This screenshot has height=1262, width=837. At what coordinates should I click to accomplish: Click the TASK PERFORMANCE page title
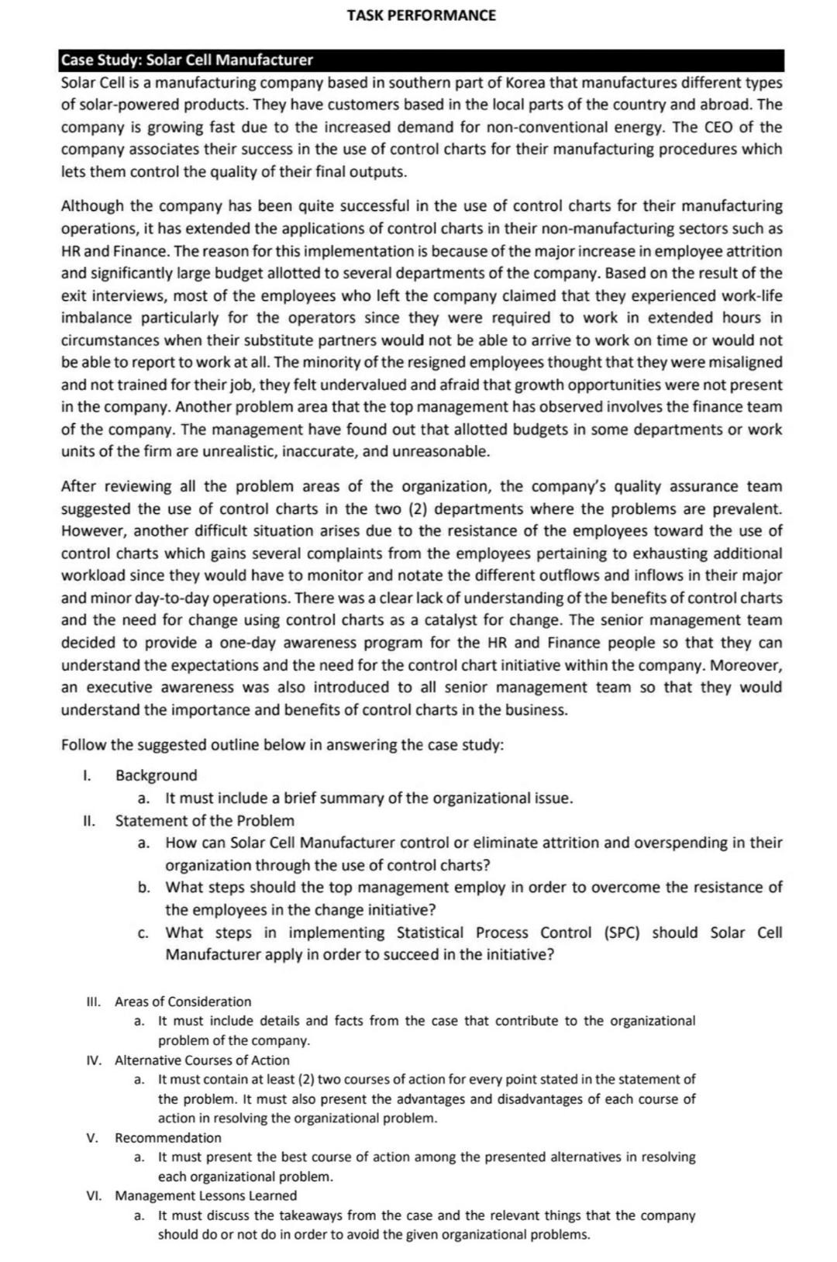tap(421, 16)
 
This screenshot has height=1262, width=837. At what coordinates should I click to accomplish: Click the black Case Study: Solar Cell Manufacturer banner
tap(421, 60)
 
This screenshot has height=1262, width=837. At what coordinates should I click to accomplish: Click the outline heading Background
tap(156, 775)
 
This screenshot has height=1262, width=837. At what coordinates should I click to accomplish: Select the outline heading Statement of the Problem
tap(205, 820)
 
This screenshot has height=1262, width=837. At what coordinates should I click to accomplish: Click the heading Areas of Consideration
tap(183, 1002)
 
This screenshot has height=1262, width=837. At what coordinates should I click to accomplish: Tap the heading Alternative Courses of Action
tap(201, 1060)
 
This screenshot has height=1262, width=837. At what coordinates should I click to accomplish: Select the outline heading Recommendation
tap(167, 1138)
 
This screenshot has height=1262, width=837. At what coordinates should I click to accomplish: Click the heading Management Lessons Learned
tap(205, 1196)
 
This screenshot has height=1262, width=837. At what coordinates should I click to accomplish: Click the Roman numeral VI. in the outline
tap(94, 1196)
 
